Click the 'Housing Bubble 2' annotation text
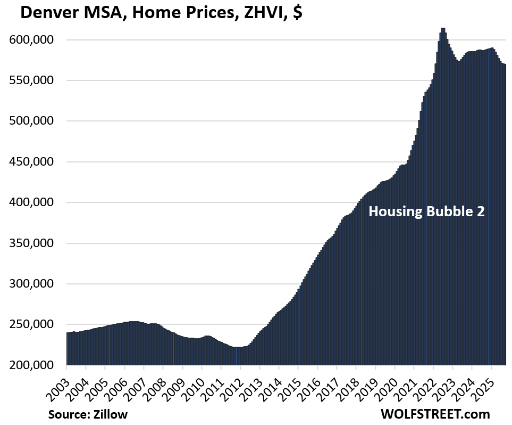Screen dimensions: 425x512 tap(427, 211)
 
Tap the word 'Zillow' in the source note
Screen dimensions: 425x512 tap(111, 414)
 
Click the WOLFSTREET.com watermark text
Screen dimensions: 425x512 tap(435, 414)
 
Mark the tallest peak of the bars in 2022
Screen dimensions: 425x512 tap(443, 29)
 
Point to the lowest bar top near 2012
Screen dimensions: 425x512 tap(238, 347)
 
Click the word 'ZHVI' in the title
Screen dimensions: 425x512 tap(256, 12)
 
